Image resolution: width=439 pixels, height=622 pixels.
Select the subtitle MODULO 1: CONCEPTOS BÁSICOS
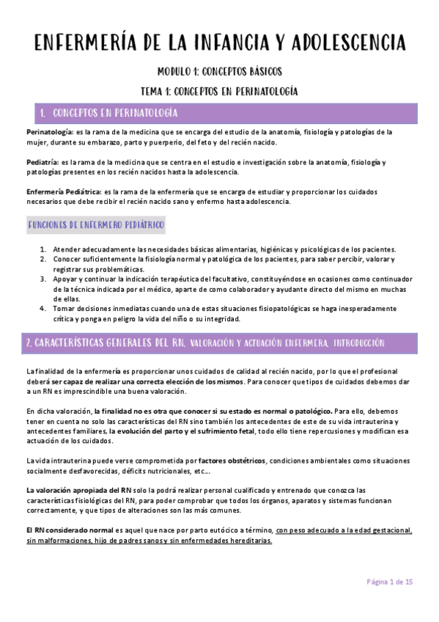(x=220, y=72)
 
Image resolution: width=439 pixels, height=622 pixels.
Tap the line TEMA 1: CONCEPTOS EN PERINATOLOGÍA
(x=220, y=92)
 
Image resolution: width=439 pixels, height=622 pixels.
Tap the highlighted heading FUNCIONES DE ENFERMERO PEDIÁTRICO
(x=95, y=223)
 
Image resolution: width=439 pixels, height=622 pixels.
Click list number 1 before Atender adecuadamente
(x=43, y=249)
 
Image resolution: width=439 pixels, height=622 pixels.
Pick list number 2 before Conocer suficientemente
(x=43, y=259)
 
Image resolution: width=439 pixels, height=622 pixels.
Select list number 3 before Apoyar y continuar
(x=43, y=279)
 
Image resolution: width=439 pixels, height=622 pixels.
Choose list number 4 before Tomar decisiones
(x=43, y=309)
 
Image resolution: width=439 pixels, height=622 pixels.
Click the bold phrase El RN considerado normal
(x=70, y=530)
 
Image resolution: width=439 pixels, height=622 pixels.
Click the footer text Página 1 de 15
(x=390, y=582)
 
